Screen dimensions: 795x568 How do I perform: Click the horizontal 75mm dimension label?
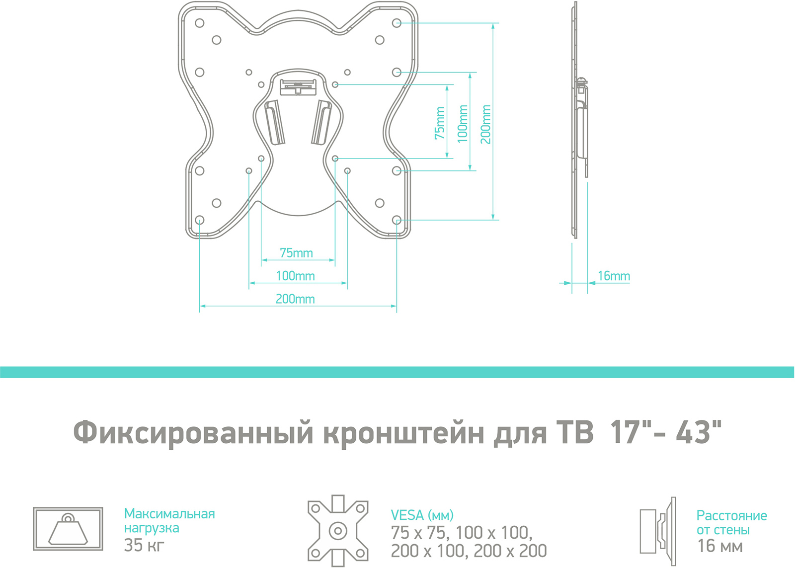296,253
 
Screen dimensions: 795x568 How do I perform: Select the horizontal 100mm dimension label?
295,276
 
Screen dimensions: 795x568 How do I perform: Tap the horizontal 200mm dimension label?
295,299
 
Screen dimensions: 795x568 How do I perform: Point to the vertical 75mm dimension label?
440,123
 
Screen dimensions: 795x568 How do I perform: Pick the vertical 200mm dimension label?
485,124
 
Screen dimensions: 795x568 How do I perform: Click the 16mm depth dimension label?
614,276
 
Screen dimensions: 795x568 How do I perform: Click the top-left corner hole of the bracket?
199,23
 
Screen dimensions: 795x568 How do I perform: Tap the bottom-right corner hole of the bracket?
397,220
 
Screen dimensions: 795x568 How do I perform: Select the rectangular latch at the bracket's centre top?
298,87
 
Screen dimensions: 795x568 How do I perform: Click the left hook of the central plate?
275,122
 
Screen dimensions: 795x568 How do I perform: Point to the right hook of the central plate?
321,122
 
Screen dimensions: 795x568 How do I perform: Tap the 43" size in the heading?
699,432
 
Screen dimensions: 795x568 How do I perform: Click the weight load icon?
68,529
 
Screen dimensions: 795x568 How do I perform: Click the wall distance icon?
658,531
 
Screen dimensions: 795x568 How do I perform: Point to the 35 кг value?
144,545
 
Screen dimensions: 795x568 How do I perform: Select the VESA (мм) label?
422,515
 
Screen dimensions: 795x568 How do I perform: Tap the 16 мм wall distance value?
720,546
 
